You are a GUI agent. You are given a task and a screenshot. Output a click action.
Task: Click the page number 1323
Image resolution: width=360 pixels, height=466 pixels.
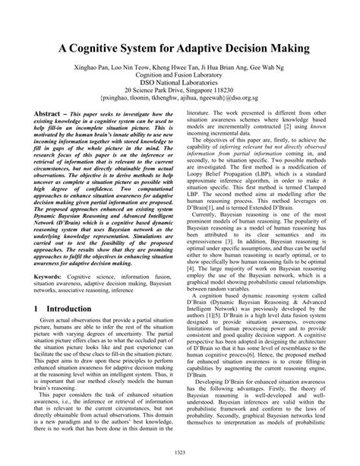[179, 454]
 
